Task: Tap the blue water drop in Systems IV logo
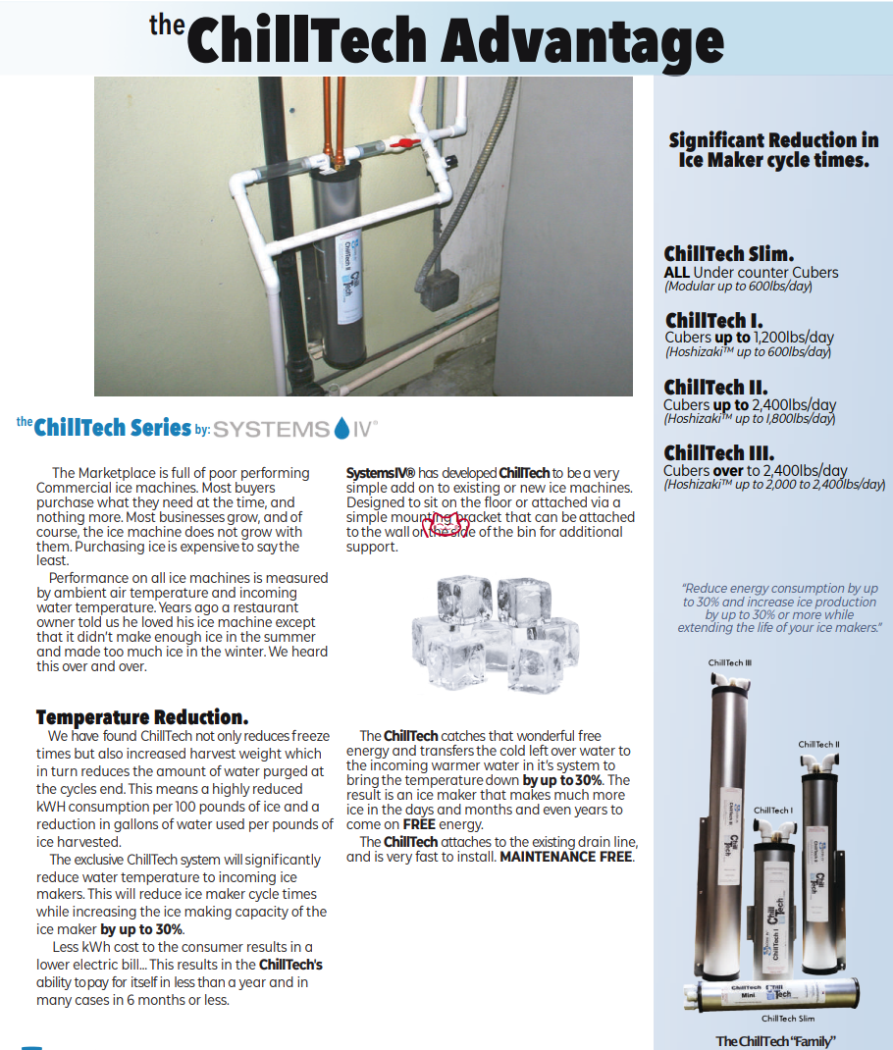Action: (x=341, y=428)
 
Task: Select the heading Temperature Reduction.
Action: (x=142, y=717)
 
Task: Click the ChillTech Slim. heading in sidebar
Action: (x=729, y=254)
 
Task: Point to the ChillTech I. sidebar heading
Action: (x=713, y=320)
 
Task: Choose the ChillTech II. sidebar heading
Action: (x=715, y=387)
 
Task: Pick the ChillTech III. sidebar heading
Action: (x=718, y=452)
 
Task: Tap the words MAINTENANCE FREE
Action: (x=566, y=857)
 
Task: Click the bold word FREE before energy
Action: (x=419, y=824)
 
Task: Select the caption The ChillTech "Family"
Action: (x=775, y=1041)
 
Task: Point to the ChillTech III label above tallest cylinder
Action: (x=730, y=663)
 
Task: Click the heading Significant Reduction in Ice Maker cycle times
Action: (x=773, y=149)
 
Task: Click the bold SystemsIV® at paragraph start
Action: (x=381, y=473)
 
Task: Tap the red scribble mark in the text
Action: (x=446, y=524)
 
